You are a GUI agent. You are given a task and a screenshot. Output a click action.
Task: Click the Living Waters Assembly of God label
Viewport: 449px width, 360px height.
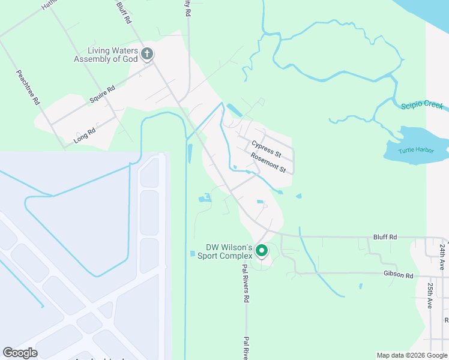(x=106, y=55)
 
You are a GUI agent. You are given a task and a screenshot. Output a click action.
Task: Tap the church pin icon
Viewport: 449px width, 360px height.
(x=147, y=55)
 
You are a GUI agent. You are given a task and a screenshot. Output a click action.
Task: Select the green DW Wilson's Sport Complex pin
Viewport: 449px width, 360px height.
(x=261, y=250)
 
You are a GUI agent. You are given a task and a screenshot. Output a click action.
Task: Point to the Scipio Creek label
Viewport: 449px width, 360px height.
(x=422, y=105)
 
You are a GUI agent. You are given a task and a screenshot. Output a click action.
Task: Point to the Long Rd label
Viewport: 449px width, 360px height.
(x=85, y=131)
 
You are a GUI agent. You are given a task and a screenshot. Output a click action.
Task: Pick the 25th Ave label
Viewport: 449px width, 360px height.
(x=430, y=295)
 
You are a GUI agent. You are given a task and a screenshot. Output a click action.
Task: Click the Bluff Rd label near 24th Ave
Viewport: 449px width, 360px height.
(x=385, y=238)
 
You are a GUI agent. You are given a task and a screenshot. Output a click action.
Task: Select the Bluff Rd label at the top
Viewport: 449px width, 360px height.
(x=124, y=11)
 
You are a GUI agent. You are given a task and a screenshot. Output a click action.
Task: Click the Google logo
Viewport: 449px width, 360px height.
(x=20, y=353)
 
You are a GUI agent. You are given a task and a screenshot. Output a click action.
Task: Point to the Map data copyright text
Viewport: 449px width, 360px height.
(x=412, y=355)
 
